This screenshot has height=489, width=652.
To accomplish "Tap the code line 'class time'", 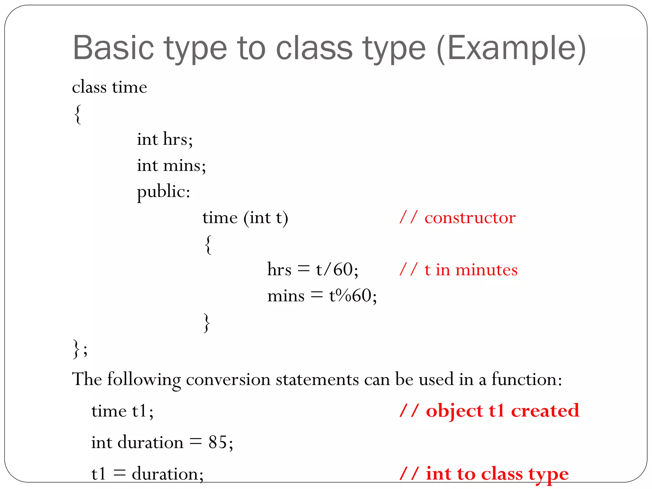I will coord(110,87).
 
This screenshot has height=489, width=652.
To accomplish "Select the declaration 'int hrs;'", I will coord(165,139).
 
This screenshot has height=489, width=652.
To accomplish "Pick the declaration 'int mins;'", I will coord(171,166).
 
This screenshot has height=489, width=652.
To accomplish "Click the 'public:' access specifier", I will coord(164,192).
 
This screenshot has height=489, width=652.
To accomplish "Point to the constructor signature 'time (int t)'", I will coord(245,218).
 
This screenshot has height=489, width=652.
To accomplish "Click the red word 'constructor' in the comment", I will coord(470,218).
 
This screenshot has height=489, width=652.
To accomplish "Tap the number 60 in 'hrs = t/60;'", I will coord(343,270).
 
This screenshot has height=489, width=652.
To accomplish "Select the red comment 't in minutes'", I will coord(471,270).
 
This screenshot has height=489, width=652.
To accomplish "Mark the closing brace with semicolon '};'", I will coord(80,349).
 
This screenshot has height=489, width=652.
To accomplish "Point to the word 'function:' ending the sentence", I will coord(527,379).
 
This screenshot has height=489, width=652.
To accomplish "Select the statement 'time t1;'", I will coord(122,411).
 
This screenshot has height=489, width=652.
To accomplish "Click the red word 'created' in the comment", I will coord(545,411).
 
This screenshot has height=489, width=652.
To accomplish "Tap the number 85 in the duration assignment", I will coord(218,442).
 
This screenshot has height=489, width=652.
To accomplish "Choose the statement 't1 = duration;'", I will coord(147,474).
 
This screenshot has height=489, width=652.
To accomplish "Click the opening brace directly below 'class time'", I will coord(78,114).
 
